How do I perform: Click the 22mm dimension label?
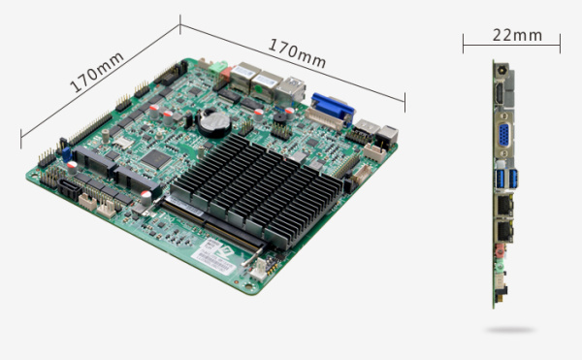(517, 35)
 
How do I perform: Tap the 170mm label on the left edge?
(96, 72)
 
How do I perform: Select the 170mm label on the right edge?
(297, 53)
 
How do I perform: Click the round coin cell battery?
(214, 122)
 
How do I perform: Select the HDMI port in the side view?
(500, 92)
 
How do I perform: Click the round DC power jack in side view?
(501, 70)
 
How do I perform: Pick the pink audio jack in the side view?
(500, 251)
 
